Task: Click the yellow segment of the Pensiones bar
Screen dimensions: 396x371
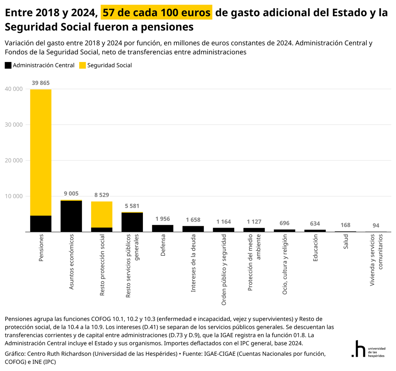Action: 41,152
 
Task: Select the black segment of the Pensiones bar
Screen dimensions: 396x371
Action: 41,224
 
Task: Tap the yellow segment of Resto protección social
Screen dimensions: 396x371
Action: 102,214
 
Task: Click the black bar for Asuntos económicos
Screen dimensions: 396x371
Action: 71,216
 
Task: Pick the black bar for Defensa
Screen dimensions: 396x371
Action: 163,229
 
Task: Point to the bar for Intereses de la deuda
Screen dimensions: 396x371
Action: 193,229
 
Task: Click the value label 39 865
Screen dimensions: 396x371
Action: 41,83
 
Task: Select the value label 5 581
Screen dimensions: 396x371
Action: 132,206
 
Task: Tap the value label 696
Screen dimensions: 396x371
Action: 284,223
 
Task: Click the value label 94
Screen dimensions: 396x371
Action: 376,226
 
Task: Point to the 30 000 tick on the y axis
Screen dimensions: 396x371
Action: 14,125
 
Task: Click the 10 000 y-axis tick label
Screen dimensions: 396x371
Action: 14,196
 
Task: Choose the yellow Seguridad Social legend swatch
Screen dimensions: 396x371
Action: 82,65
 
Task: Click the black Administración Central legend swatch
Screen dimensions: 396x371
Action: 8,65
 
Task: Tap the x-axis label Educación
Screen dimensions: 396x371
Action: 315,248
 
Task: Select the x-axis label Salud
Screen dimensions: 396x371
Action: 346,242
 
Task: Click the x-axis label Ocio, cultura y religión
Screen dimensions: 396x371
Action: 284,264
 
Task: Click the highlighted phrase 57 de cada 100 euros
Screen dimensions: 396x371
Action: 156,12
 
